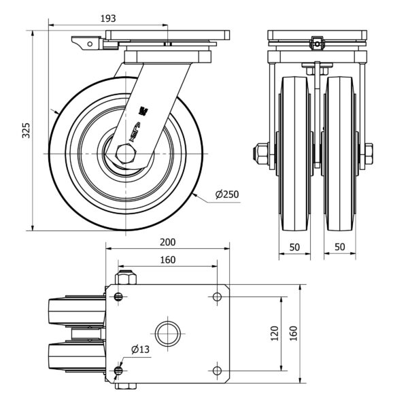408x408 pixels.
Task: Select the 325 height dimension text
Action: (x=26, y=131)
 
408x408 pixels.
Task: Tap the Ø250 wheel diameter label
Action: (x=227, y=194)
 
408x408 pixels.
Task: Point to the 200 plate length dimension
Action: (x=168, y=243)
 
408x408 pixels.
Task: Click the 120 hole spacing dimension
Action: (x=275, y=333)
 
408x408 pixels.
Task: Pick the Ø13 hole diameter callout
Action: (x=140, y=349)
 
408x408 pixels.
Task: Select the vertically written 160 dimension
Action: (x=294, y=333)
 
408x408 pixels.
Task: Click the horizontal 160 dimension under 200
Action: (x=168, y=260)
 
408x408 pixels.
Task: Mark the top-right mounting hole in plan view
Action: (x=217, y=296)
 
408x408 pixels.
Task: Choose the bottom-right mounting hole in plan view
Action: (x=217, y=370)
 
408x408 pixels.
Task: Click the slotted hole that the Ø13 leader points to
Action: (x=120, y=370)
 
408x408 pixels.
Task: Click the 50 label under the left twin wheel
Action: (x=294, y=246)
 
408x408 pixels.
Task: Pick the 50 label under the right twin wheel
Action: (x=339, y=246)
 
